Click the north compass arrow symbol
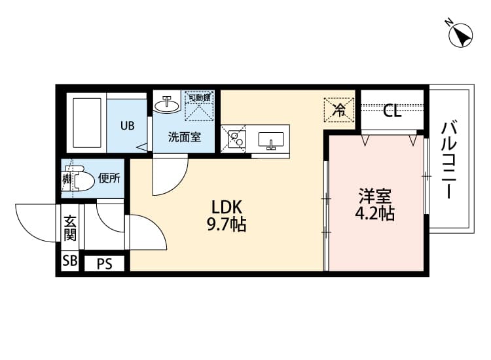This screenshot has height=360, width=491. tap(460, 34)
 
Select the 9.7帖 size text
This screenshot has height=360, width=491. tap(227, 226)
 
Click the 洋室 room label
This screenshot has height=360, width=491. tap(375, 196)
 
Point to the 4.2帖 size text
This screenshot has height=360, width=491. tap(375, 213)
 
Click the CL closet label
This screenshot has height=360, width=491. tap(392, 111)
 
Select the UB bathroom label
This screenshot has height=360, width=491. tap(126, 124)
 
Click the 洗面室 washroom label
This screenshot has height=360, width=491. tap(184, 137)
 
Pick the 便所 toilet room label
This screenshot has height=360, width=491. tap(109, 178)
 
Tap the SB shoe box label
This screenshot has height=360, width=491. tap(69, 262)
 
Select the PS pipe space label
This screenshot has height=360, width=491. tap(104, 264)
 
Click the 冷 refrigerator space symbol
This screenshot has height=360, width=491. tap(339, 109)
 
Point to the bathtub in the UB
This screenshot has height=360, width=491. tap(86, 124)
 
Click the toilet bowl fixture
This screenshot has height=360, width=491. tap(82, 179)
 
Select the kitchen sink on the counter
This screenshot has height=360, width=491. tap(270, 140)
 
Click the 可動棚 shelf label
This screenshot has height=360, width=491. tap(199, 98)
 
